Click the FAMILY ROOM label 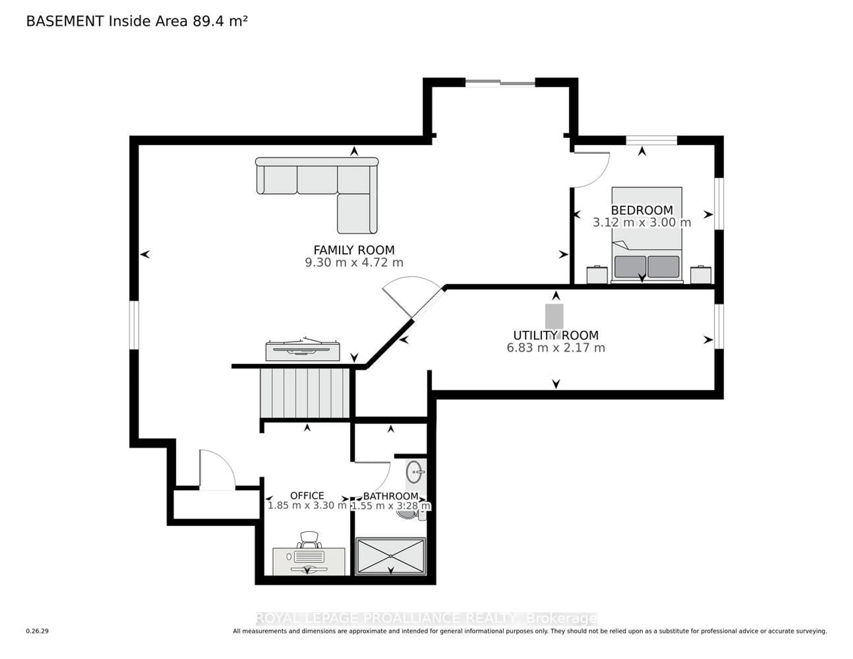click(x=354, y=250)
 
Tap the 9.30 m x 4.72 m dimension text click(x=354, y=262)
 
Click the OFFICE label click(x=307, y=495)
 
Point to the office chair click(x=309, y=540)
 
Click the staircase click(x=305, y=393)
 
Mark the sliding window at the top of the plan click(x=500, y=82)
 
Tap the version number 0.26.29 click(x=37, y=631)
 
